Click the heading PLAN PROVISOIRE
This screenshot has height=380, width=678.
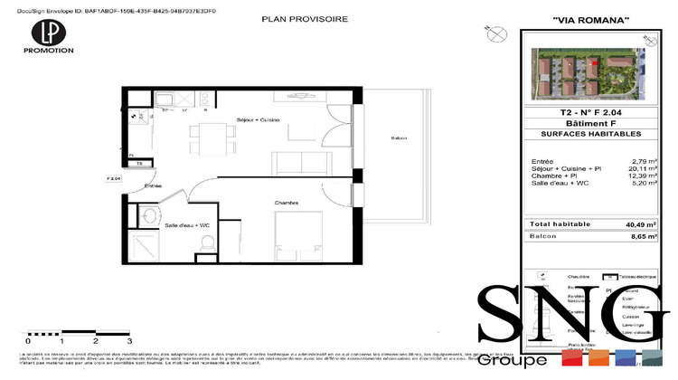click(x=303, y=19)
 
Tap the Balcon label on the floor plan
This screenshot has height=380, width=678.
click(x=399, y=138)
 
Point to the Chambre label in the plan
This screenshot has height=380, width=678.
click(x=287, y=203)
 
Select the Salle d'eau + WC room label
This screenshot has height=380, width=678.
click(x=187, y=224)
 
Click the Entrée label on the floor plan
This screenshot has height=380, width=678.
click(x=153, y=185)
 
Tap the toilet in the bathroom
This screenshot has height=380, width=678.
click(x=208, y=242)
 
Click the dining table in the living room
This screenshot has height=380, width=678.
click(x=208, y=139)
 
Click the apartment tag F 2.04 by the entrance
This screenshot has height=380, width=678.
click(x=114, y=178)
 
